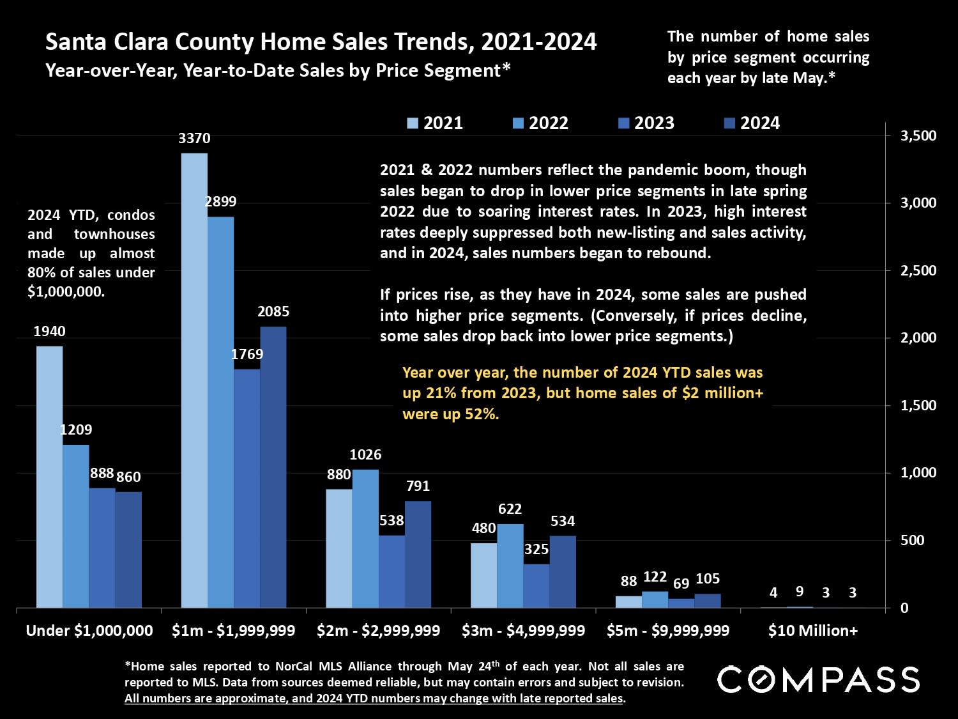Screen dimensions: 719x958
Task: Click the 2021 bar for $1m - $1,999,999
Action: (x=194, y=380)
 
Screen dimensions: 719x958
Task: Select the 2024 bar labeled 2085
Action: (x=273, y=467)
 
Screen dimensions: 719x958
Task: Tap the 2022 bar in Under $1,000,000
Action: (x=75, y=526)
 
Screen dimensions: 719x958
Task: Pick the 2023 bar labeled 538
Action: (x=392, y=571)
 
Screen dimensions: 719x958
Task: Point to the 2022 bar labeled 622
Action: (x=510, y=566)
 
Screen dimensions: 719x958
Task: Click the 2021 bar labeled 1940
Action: (x=49, y=477)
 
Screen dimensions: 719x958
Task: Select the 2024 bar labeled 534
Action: (x=563, y=571)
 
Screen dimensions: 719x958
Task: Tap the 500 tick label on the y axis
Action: (x=912, y=540)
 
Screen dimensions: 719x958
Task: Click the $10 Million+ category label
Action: (x=813, y=631)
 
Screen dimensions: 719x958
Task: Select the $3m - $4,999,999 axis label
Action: (x=523, y=631)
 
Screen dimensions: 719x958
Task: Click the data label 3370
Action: (x=194, y=139)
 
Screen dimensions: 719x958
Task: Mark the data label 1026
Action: (x=365, y=455)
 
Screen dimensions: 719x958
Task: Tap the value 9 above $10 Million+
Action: (x=800, y=592)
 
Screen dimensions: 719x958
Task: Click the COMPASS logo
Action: (x=818, y=679)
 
